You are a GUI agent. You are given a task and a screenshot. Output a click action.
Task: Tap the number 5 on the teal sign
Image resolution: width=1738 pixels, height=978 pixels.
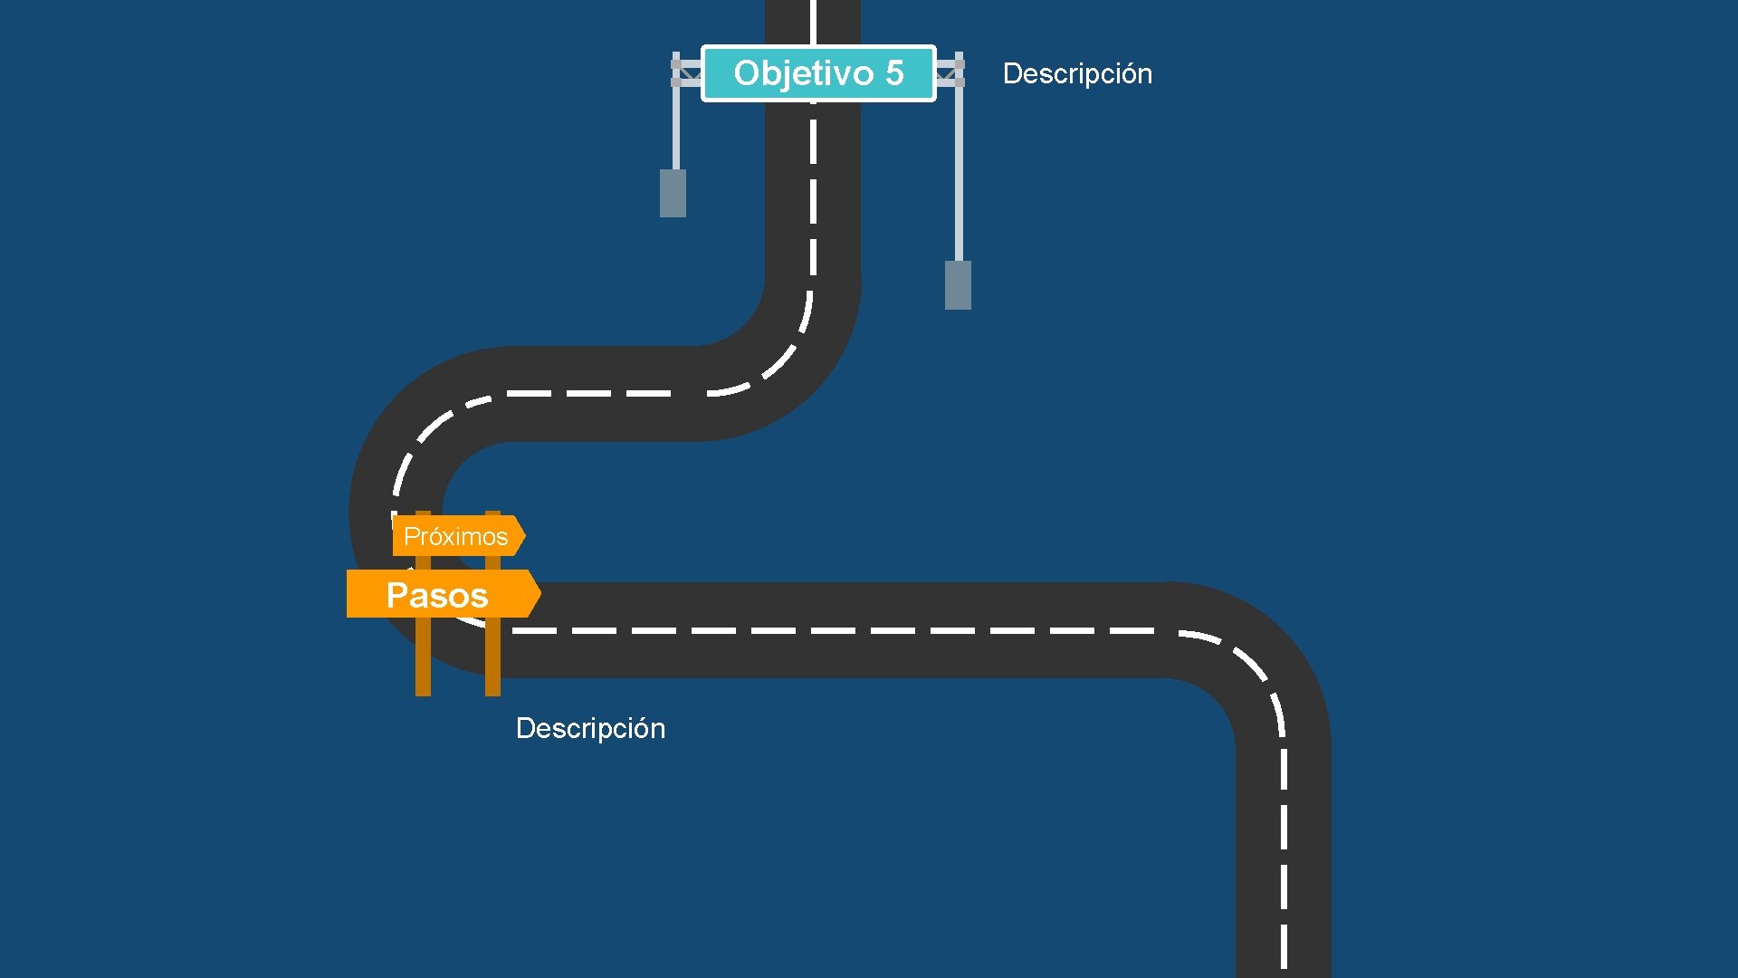click(x=894, y=73)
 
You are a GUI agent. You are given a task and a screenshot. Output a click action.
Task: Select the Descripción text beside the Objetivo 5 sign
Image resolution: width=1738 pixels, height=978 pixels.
click(x=1077, y=73)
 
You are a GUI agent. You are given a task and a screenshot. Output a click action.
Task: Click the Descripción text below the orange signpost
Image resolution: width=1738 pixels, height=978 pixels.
click(x=590, y=728)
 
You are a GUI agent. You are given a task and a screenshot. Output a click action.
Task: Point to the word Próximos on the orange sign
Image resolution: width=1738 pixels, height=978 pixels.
click(x=455, y=536)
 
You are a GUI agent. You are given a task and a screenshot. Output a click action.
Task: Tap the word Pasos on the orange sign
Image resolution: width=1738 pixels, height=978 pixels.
click(x=437, y=595)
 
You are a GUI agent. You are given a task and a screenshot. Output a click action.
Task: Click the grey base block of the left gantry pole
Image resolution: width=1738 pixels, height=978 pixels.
click(x=673, y=193)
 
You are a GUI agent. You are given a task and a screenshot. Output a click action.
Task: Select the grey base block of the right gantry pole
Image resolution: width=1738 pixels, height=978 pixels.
click(x=958, y=284)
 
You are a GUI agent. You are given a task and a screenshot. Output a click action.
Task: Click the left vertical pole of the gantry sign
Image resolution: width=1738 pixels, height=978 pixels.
click(x=675, y=127)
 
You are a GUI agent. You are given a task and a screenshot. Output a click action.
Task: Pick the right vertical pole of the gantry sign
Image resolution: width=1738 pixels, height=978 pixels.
click(x=959, y=172)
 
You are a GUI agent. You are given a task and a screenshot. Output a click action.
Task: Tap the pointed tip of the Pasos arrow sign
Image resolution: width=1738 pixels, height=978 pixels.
click(x=539, y=594)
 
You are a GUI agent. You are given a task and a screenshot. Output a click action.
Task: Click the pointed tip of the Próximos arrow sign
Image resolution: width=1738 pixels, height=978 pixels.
click(x=523, y=536)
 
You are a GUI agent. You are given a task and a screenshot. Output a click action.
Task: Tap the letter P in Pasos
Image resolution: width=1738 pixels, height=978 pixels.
click(x=396, y=595)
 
